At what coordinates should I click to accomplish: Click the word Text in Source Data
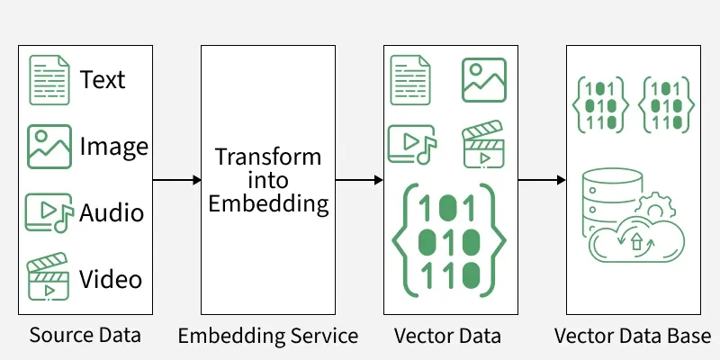tap(103, 79)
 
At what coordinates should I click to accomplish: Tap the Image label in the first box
tap(113, 146)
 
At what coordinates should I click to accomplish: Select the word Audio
tap(112, 213)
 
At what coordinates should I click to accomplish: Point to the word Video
tap(111, 279)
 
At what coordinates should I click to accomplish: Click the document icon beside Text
tap(49, 79)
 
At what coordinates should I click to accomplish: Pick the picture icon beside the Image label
tap(49, 147)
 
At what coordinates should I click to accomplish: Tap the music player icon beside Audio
tap(49, 214)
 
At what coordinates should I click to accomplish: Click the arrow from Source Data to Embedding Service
tap(175, 180)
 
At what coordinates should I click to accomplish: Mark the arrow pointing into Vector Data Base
tap(541, 180)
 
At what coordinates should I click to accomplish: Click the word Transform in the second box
tap(268, 157)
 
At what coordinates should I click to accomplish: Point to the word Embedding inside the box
tap(268, 203)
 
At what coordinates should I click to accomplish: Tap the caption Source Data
tap(85, 336)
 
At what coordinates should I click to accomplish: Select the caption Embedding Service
tap(268, 336)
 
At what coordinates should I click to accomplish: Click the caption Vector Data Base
tap(633, 336)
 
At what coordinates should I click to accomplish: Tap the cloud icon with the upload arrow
tap(634, 240)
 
